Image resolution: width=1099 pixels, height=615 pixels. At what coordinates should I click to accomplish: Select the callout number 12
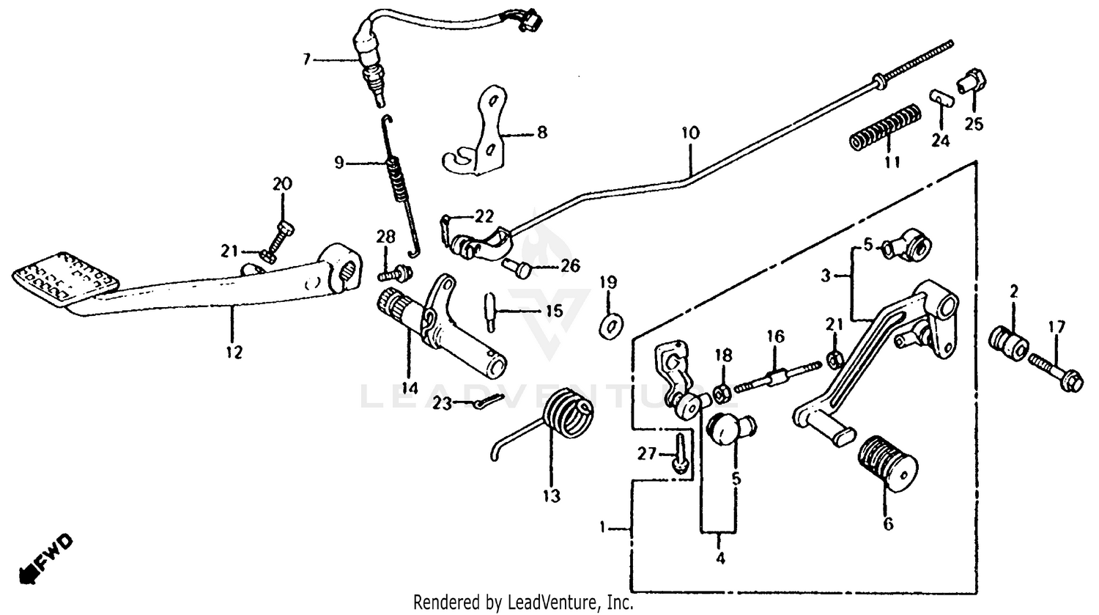coord(233,353)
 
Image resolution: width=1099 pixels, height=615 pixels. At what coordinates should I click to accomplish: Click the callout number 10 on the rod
coord(689,133)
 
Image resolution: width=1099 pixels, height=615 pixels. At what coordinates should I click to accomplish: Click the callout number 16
coord(775,336)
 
